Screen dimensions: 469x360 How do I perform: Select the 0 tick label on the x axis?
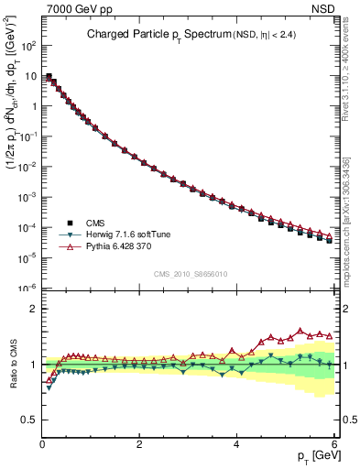click(41, 444)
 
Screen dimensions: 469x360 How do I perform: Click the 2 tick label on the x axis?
click(138, 444)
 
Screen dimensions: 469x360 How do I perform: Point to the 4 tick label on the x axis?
click(236, 444)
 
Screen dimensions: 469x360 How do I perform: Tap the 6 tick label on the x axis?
click(333, 444)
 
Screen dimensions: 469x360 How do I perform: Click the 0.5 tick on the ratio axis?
click(27, 420)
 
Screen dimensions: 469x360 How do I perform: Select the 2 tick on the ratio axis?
click(32, 309)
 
